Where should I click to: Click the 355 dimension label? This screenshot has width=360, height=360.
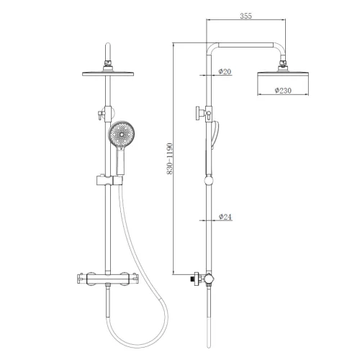pyautogui.click(x=246, y=16)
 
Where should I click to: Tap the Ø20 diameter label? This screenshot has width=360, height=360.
pyautogui.click(x=225, y=71)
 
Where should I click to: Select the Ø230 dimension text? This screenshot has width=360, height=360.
pyautogui.click(x=283, y=91)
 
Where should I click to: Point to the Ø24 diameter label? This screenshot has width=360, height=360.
pyautogui.click(x=225, y=217)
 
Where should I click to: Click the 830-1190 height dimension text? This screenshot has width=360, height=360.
pyautogui.click(x=169, y=158)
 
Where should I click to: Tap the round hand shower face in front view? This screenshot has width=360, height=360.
pyautogui.click(x=122, y=135)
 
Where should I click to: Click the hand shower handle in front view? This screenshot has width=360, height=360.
pyautogui.click(x=120, y=161)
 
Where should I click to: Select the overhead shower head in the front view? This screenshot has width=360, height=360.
pyautogui.click(x=108, y=73)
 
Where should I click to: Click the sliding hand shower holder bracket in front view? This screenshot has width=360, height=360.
pyautogui.click(x=109, y=181)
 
